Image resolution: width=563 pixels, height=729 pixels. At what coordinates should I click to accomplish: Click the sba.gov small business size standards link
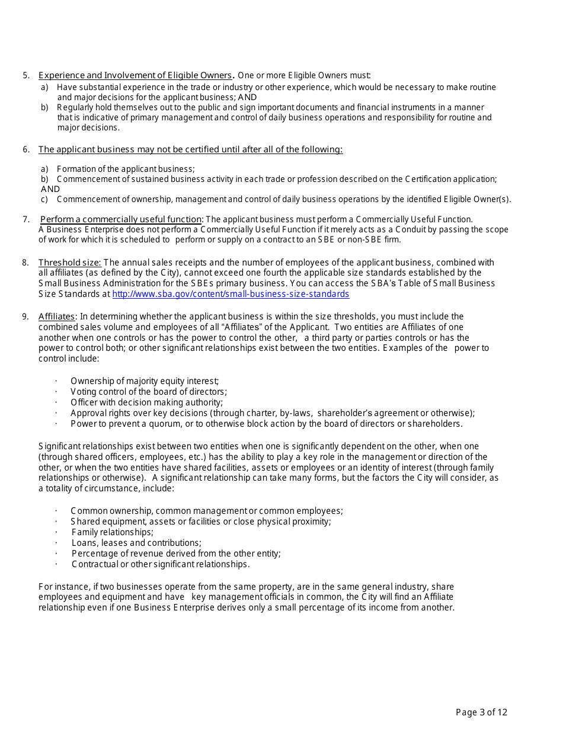point(231,294)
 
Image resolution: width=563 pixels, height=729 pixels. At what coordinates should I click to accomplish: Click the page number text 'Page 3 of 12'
point(481,712)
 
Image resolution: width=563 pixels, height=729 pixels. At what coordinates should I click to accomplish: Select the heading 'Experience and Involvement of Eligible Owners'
point(135,75)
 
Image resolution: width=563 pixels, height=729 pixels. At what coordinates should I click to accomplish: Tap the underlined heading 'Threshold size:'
point(69,263)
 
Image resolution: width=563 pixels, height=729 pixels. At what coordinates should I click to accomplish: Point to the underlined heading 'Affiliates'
point(57,316)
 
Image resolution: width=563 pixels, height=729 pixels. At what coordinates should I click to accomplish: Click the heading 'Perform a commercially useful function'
point(121,219)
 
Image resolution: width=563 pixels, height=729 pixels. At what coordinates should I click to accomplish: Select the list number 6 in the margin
point(26,149)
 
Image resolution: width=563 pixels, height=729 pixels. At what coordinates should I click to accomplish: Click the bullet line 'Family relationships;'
point(112,532)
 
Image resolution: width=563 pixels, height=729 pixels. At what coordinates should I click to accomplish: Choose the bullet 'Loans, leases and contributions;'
point(136,543)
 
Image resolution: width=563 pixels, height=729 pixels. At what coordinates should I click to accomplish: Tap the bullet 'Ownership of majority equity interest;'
point(145,381)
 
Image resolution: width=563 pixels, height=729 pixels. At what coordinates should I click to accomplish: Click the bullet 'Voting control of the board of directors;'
point(148,392)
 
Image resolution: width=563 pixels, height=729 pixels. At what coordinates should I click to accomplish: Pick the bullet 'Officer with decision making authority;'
point(146,402)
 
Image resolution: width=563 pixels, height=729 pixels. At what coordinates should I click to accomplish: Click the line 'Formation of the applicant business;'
point(126,169)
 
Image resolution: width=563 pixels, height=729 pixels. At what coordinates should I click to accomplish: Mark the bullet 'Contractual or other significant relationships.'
point(161,564)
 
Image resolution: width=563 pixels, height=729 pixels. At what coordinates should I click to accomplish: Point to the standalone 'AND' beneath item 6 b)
point(50,189)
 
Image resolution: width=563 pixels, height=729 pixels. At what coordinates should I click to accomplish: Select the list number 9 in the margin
point(26,316)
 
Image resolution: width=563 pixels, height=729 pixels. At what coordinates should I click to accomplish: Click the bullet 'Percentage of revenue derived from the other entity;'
point(176,554)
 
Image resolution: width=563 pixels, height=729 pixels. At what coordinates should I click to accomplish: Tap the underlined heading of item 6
point(190,149)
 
